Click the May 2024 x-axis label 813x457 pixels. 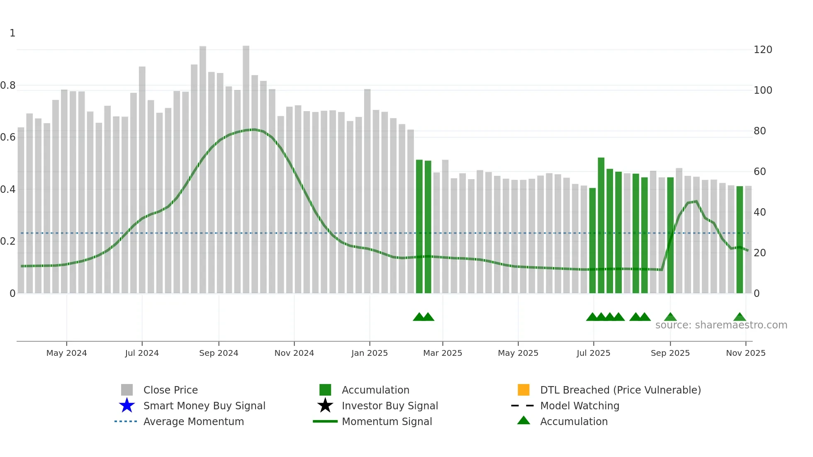66,353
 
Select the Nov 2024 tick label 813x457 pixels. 294,353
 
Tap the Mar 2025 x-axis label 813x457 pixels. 443,353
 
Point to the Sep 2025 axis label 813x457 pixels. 670,353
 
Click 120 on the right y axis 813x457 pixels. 763,50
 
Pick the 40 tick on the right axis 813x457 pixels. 759,212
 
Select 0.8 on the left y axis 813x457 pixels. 8,85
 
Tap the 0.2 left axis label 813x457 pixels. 8,241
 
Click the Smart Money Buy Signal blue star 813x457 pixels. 127,406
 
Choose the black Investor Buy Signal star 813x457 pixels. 325,406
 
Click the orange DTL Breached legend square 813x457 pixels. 523,390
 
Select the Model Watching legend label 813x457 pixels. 579,406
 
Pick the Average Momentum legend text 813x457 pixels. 193,421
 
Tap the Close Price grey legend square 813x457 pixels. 127,390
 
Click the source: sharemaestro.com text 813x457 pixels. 721,325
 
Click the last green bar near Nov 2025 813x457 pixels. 740,241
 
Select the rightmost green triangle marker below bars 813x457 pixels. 740,317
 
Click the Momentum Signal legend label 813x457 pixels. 387,421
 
